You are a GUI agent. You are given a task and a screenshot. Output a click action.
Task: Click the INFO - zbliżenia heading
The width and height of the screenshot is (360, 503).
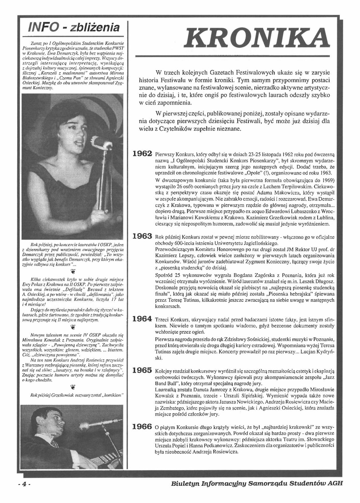point(72,28)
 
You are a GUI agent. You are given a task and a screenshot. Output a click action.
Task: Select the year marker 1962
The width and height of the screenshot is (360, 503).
point(142,153)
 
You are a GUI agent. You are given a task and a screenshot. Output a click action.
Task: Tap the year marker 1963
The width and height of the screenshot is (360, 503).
point(142,236)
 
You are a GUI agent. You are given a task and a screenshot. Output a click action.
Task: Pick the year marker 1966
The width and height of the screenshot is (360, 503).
point(142,427)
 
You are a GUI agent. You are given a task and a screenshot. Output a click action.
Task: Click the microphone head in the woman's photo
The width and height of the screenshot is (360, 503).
point(101,144)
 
